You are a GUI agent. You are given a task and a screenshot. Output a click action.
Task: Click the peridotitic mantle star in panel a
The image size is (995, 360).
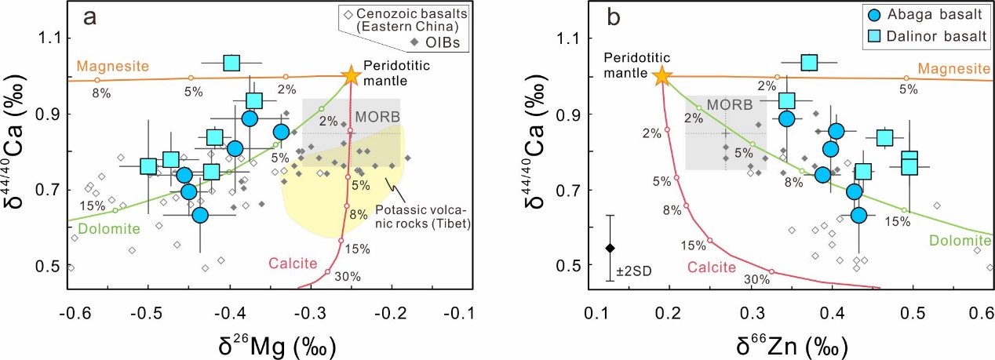350,75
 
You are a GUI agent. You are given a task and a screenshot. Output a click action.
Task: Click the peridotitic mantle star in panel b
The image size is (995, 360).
662,75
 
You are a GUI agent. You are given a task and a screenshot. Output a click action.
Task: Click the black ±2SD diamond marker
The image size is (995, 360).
610,248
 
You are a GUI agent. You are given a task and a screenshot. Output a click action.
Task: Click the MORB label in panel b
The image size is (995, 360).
727,104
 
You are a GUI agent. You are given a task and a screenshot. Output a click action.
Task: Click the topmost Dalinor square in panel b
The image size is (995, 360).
809,62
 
